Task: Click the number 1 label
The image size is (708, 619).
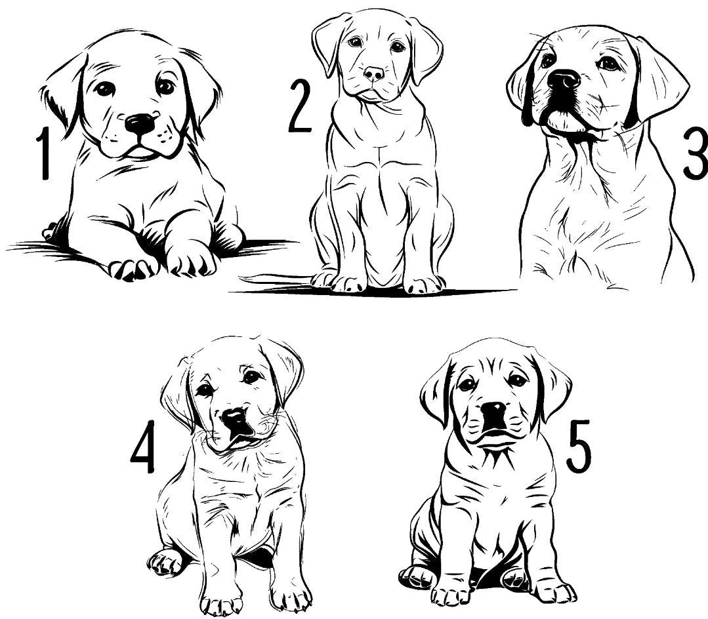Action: click(44, 153)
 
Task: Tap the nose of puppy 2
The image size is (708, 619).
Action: click(375, 73)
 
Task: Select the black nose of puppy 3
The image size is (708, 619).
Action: click(563, 80)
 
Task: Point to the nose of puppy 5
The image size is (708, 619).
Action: click(493, 410)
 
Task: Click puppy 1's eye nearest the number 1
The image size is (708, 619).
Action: click(105, 89)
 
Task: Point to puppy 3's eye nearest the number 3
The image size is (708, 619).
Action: click(610, 63)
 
